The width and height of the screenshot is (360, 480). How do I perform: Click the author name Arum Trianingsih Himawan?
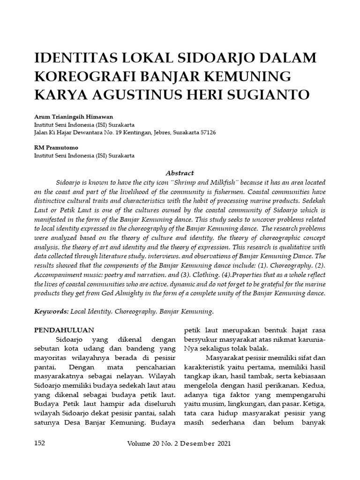[x=74, y=117]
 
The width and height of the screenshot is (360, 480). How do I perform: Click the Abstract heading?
[x=180, y=173]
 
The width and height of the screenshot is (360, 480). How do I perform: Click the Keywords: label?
[x=51, y=311]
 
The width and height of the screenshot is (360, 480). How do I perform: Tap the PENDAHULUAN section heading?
[x=64, y=330]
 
